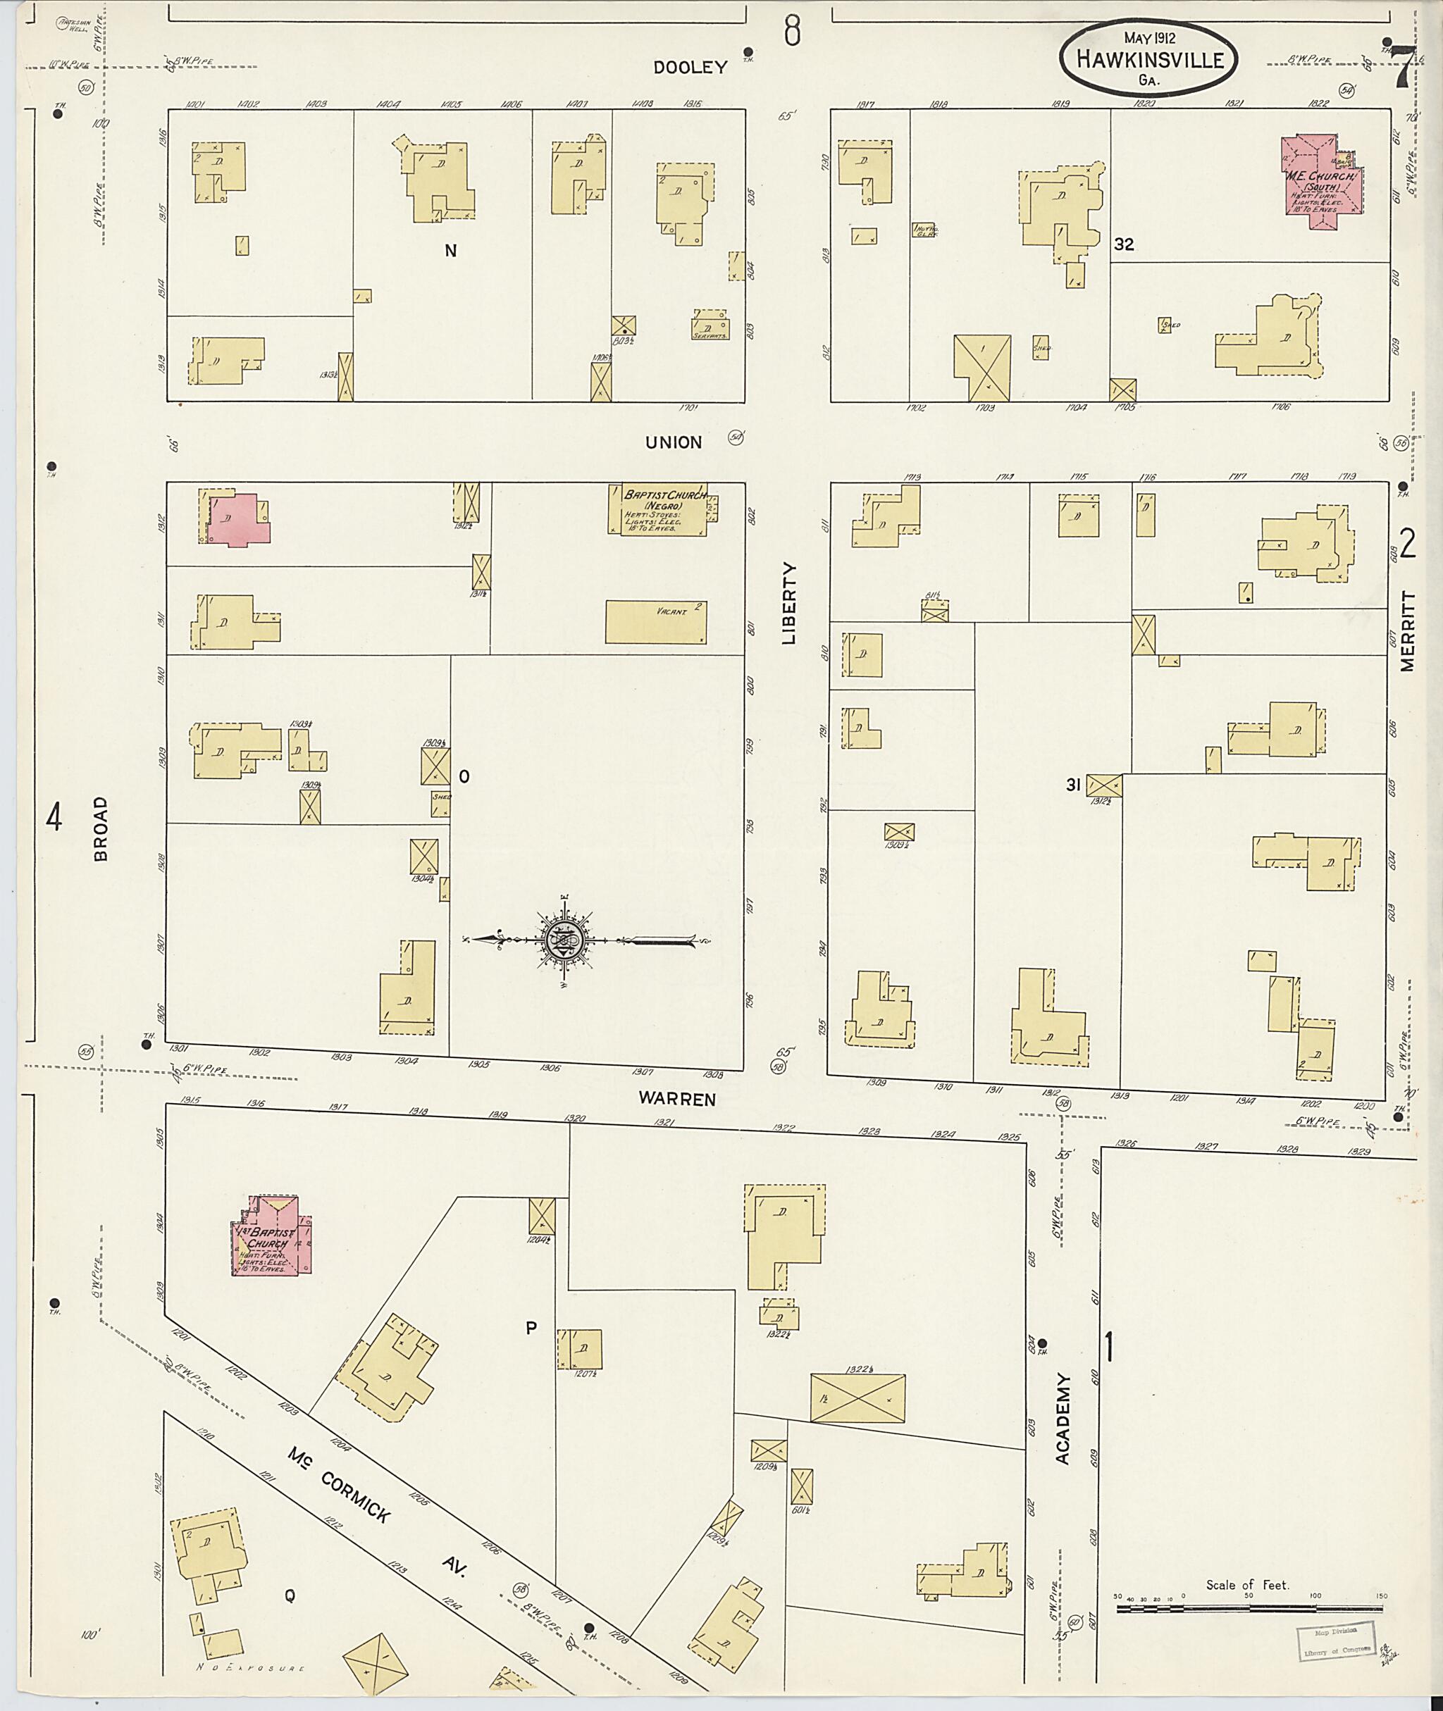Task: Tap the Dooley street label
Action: click(690, 68)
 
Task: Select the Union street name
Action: click(674, 442)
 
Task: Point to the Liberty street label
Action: click(788, 603)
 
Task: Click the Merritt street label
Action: click(1407, 630)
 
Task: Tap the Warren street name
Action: click(678, 1100)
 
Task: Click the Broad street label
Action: click(101, 829)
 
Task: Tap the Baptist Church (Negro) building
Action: click(657, 509)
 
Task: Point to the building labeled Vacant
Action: click(655, 623)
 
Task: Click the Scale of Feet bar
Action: click(1249, 1609)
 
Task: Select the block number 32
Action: click(1124, 244)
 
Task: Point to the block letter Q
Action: click(289, 1595)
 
